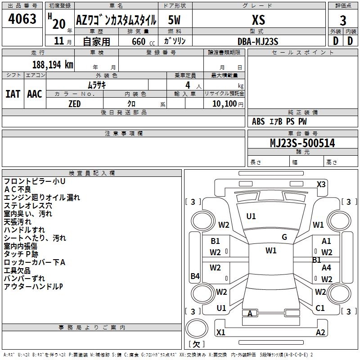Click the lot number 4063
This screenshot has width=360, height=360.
pyautogui.click(x=22, y=19)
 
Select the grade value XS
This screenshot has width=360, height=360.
pyautogui.click(x=258, y=20)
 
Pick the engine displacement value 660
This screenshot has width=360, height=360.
pyautogui.click(x=139, y=41)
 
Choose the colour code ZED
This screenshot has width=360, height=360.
pyautogui.click(x=74, y=104)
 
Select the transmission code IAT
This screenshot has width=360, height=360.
pyautogui.click(x=13, y=94)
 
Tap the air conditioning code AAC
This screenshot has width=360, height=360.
pyautogui.click(x=35, y=94)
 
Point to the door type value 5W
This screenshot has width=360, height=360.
pyautogui.click(x=175, y=20)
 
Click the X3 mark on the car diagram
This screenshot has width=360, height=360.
pyautogui.click(x=321, y=184)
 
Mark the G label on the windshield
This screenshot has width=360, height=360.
pyautogui.click(x=284, y=237)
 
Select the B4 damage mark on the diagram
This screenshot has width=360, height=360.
pyautogui.click(x=195, y=276)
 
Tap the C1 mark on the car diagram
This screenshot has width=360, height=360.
pyautogui.click(x=320, y=308)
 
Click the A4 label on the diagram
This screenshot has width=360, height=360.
pyautogui.click(x=326, y=267)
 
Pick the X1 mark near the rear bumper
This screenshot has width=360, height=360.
pyautogui.click(x=220, y=333)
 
